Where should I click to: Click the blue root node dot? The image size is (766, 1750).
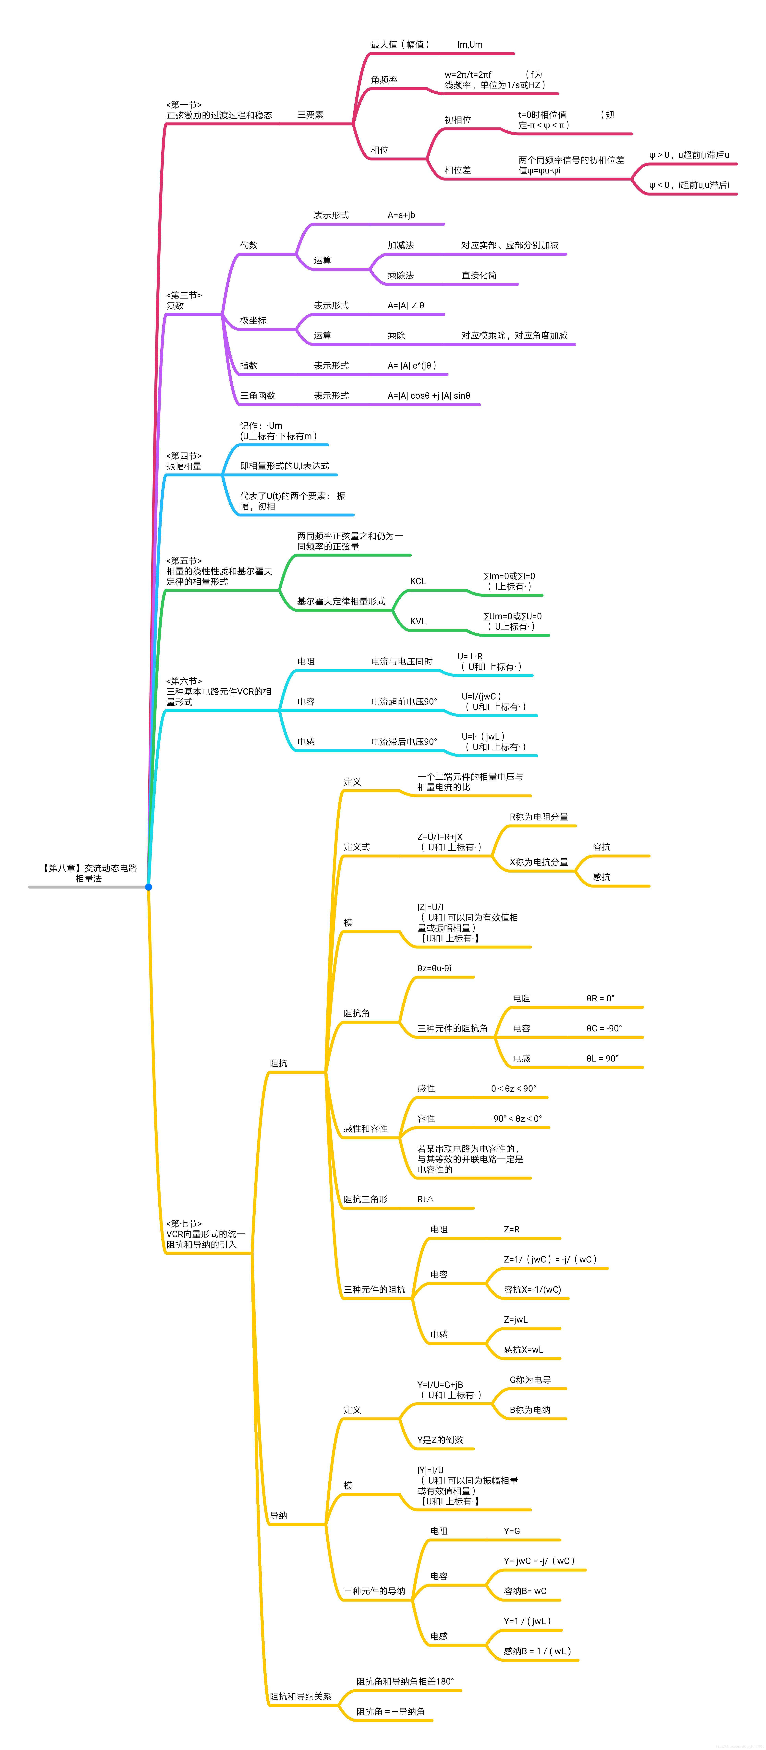[x=148, y=887]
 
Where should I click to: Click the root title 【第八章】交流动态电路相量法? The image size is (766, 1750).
[x=89, y=873]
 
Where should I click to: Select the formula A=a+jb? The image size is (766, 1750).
[x=401, y=215]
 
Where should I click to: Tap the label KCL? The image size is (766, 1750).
[x=418, y=581]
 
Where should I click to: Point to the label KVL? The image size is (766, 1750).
[x=418, y=622]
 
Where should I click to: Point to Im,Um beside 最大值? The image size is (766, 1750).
[x=470, y=45]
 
